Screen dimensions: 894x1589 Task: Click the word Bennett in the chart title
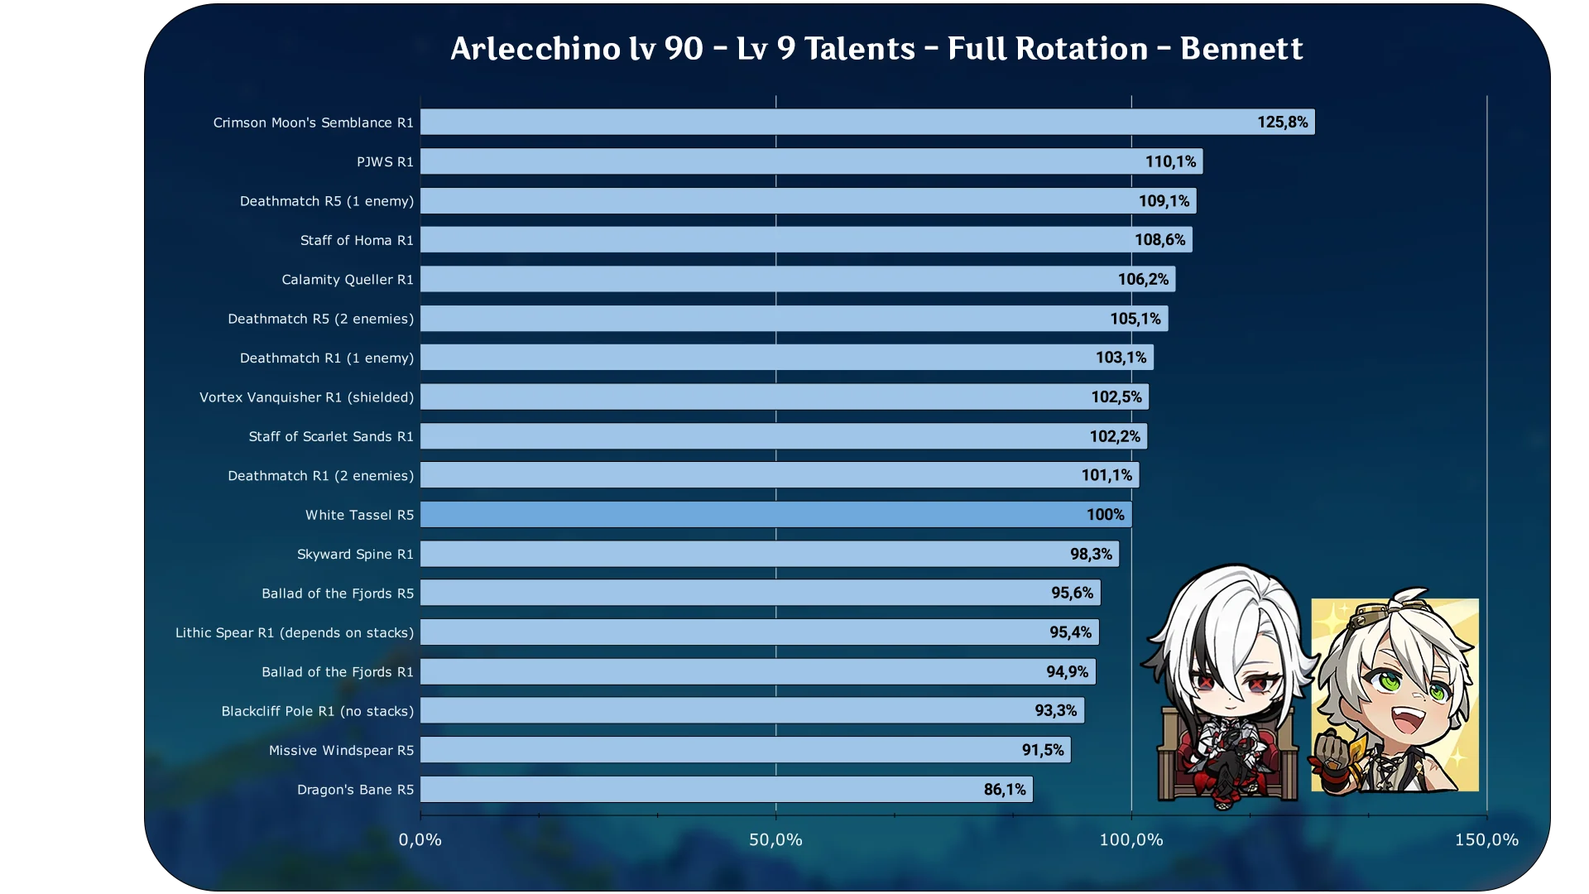pyautogui.click(x=1241, y=49)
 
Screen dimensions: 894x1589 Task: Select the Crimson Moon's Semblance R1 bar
pyautogui.click(x=867, y=122)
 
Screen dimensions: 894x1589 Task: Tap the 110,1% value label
pyautogui.click(x=1170, y=161)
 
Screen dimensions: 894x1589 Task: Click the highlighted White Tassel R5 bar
pyautogui.click(x=775, y=515)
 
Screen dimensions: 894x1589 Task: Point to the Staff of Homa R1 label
pyautogui.click(x=356, y=240)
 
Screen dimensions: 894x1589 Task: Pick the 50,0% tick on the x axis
pyautogui.click(x=775, y=839)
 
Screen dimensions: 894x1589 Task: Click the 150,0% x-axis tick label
pyautogui.click(x=1486, y=839)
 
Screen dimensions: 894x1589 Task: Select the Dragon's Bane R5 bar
pyautogui.click(x=726, y=790)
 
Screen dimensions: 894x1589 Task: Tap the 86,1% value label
pyautogui.click(x=1005, y=790)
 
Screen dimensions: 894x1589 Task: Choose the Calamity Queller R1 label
pyautogui.click(x=347, y=280)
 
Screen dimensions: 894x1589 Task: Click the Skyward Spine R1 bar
pyautogui.click(x=769, y=554)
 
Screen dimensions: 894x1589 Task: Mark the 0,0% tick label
pyautogui.click(x=420, y=839)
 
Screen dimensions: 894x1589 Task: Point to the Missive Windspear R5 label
pyautogui.click(x=341, y=751)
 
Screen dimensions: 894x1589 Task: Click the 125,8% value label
pyautogui.click(x=1282, y=122)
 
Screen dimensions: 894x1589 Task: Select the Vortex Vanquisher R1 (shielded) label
pyautogui.click(x=306, y=397)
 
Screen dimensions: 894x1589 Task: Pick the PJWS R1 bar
pyautogui.click(x=811, y=161)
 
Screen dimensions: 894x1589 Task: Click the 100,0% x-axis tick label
pyautogui.click(x=1131, y=839)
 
